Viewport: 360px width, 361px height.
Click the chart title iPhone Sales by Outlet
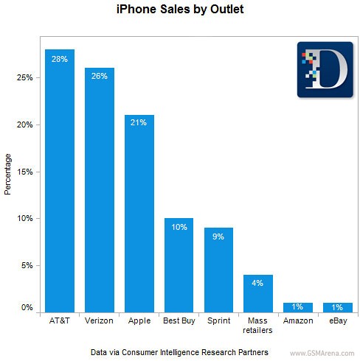[x=180, y=10]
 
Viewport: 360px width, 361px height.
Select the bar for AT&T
[x=60, y=181]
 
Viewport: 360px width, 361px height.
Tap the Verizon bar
[x=100, y=190]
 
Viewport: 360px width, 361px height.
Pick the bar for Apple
[x=139, y=214]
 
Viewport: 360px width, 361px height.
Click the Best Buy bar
[x=179, y=265]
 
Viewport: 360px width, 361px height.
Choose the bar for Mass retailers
[x=258, y=294]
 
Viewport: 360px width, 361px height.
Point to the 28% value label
[x=60, y=59]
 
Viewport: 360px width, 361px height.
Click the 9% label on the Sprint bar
[x=218, y=236]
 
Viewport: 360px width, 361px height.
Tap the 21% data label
[x=139, y=122]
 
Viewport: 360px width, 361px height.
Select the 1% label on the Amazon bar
[x=297, y=306]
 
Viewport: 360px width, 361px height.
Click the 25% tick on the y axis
[x=25, y=77]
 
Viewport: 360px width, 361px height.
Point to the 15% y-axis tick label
[x=25, y=172]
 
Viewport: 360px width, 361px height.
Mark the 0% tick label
[x=27, y=307]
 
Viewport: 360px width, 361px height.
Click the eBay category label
[x=338, y=320]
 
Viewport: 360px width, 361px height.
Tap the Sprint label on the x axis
[x=219, y=320]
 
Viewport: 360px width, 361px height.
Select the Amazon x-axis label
[x=298, y=320]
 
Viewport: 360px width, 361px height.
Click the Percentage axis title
[x=7, y=175]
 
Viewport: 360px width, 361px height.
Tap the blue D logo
[x=325, y=70]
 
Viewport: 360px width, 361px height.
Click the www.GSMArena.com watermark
[x=322, y=354]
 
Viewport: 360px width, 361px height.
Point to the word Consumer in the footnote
[x=139, y=352]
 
